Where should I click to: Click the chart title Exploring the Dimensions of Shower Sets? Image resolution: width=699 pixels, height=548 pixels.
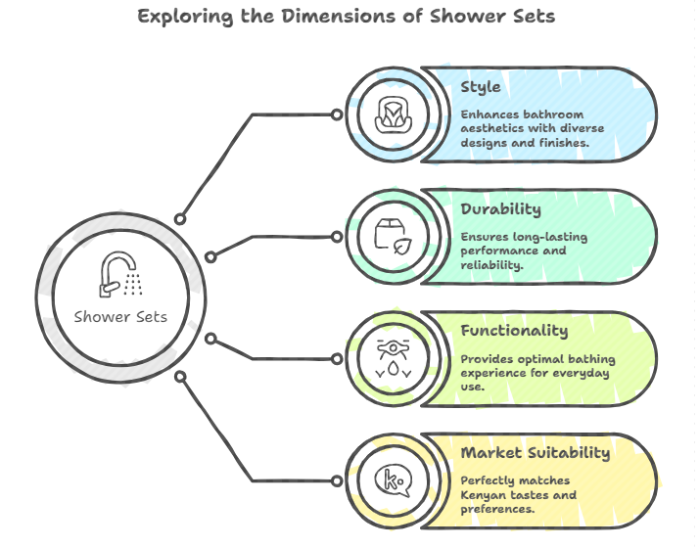click(x=347, y=17)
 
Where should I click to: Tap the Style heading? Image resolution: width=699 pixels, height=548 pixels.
click(x=481, y=87)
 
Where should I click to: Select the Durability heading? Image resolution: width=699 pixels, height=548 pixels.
click(x=500, y=209)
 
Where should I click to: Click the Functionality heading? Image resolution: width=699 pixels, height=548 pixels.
click(x=514, y=331)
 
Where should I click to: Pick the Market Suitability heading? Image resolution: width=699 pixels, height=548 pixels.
click(x=536, y=453)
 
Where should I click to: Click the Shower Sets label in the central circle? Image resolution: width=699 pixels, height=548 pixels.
click(x=120, y=316)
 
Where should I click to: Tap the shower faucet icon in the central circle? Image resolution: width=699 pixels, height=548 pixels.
click(x=121, y=275)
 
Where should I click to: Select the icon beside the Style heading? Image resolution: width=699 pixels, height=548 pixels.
click(x=392, y=114)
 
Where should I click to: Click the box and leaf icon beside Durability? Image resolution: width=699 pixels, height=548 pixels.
click(x=392, y=236)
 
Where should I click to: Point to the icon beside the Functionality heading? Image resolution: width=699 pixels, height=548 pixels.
click(x=392, y=358)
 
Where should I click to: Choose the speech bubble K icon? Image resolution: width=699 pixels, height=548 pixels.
click(x=392, y=479)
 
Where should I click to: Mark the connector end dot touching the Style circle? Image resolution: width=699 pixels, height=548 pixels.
click(x=337, y=114)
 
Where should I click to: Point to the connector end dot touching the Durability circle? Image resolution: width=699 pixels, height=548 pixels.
click(x=337, y=236)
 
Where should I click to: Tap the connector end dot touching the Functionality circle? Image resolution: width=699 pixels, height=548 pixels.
click(x=337, y=357)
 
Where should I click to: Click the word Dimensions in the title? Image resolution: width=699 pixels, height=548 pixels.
click(x=335, y=17)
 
